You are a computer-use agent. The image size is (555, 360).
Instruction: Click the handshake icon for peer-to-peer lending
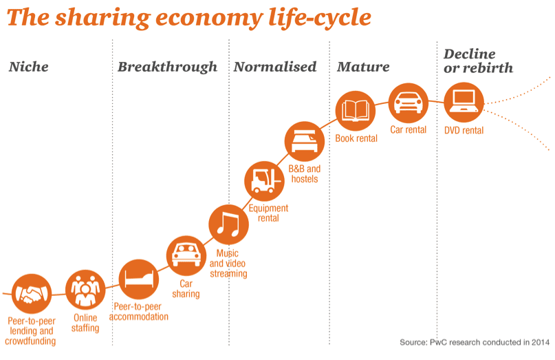pos(32,294)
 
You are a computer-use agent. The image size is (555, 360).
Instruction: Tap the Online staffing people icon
pos(85,290)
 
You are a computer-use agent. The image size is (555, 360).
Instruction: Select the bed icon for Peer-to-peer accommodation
pos(139,279)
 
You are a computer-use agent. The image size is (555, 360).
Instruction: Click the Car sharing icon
pos(186,255)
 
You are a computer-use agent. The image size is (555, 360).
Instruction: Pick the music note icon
pos(228,224)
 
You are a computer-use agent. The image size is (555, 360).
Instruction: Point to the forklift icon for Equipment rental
pos(264,181)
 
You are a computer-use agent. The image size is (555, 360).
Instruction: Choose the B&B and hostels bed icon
pos(305,141)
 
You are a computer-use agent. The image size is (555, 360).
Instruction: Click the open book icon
pos(356,111)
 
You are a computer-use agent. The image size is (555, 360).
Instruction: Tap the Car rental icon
pos(409,103)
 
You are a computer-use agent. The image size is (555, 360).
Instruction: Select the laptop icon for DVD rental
pos(464,103)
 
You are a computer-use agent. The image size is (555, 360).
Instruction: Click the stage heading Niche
pos(29,67)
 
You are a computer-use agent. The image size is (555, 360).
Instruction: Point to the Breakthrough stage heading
pos(167,67)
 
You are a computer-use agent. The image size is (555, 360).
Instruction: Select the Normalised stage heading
pos(275,67)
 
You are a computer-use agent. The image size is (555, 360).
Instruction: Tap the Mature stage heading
pos(363,67)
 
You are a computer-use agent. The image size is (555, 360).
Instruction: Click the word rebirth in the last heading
pos(488,67)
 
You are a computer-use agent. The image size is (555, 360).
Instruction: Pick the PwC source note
pos(475,342)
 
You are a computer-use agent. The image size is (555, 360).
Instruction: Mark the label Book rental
pos(356,138)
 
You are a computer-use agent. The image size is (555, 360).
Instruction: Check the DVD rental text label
pos(464,130)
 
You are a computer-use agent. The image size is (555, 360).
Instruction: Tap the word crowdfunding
pos(30,341)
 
